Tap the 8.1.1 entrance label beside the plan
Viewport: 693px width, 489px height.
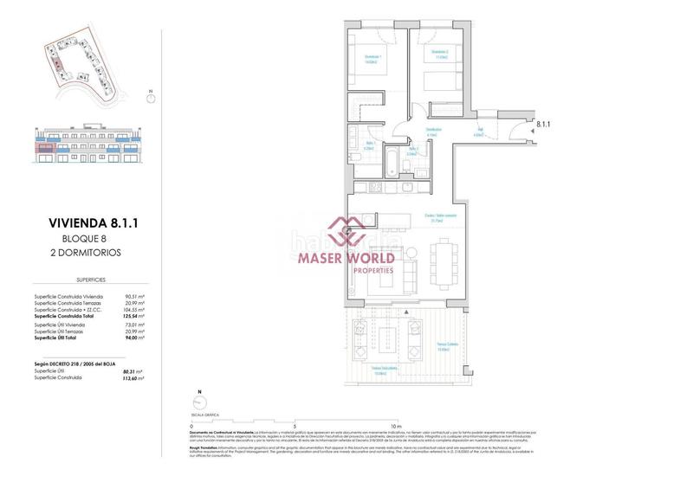pyautogui.click(x=544, y=125)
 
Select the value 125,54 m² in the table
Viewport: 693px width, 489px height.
pyautogui.click(x=133, y=317)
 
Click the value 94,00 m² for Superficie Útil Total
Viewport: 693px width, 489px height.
pyautogui.click(x=133, y=337)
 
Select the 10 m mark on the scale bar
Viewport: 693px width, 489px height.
pyautogui.click(x=395, y=427)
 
